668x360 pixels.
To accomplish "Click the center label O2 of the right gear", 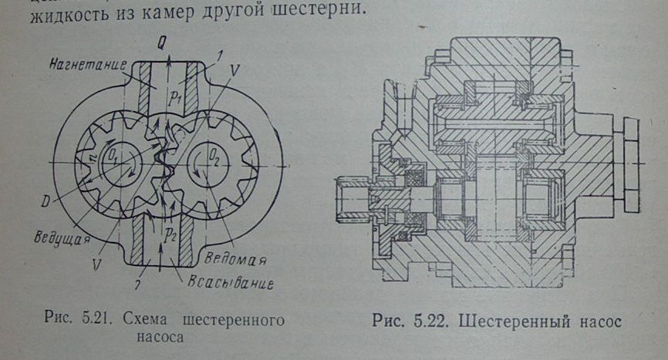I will tap(215, 160).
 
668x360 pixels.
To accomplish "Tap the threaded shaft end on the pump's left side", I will tap(353, 197).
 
